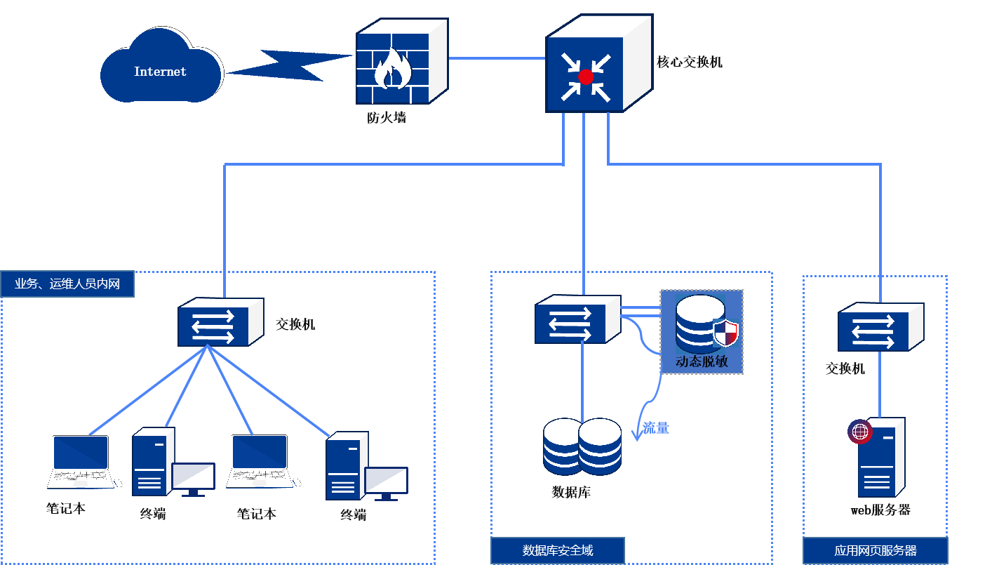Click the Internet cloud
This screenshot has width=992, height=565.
161,70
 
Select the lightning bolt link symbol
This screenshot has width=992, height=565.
291,65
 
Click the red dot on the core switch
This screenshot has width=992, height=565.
586,77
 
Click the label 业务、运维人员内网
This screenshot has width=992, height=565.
67,284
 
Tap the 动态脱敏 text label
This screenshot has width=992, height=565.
702,362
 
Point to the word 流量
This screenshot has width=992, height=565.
656,427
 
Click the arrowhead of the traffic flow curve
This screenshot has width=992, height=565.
638,436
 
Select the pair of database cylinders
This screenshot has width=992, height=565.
582,446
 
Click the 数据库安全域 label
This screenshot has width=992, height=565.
558,550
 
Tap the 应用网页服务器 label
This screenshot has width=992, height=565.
876,550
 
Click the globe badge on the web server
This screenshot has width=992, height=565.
859,432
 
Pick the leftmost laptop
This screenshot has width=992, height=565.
81,462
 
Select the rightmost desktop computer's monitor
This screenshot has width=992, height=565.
386,482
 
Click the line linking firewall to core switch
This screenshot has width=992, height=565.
497,58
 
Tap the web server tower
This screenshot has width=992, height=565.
880,460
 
